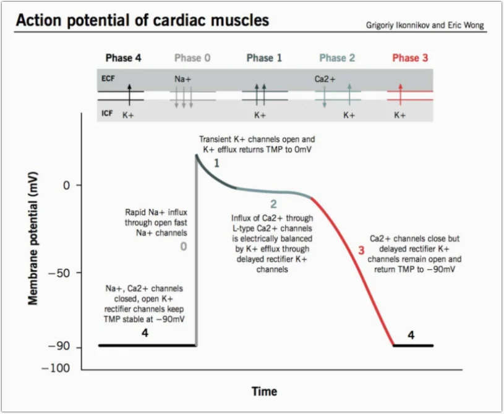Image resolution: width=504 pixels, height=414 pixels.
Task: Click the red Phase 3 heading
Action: [410, 58]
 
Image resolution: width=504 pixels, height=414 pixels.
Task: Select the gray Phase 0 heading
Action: [192, 58]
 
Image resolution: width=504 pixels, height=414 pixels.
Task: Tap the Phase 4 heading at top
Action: [124, 58]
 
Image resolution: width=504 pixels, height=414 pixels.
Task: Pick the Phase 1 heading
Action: [264, 58]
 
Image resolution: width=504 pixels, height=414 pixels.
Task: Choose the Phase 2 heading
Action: [337, 58]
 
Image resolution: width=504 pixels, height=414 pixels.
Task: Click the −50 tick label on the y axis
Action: [59, 273]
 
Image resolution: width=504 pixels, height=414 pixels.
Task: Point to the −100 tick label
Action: [56, 368]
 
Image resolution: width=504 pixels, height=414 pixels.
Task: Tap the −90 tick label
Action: [59, 346]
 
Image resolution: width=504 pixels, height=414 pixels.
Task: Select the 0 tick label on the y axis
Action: [66, 185]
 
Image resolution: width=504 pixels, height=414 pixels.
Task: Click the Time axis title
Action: [264, 391]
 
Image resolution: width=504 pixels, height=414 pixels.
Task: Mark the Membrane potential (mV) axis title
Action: [33, 239]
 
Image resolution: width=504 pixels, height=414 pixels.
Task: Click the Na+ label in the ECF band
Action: [182, 79]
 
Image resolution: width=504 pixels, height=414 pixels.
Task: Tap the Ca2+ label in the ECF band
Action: [325, 79]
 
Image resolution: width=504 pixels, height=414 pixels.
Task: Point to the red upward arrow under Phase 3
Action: [400, 95]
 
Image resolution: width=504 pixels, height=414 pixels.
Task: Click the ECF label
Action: [108, 78]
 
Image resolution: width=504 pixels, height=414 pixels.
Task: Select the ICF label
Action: [107, 113]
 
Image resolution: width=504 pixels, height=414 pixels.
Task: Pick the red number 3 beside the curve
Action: [361, 250]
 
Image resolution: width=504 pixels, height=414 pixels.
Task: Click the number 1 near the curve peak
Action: [216, 163]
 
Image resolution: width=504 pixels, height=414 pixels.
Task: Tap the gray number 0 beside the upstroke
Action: [183, 247]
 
